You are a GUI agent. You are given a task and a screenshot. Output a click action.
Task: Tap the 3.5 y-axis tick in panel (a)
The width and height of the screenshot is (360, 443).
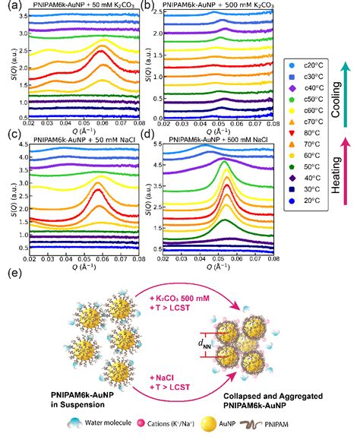click(17, 14)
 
